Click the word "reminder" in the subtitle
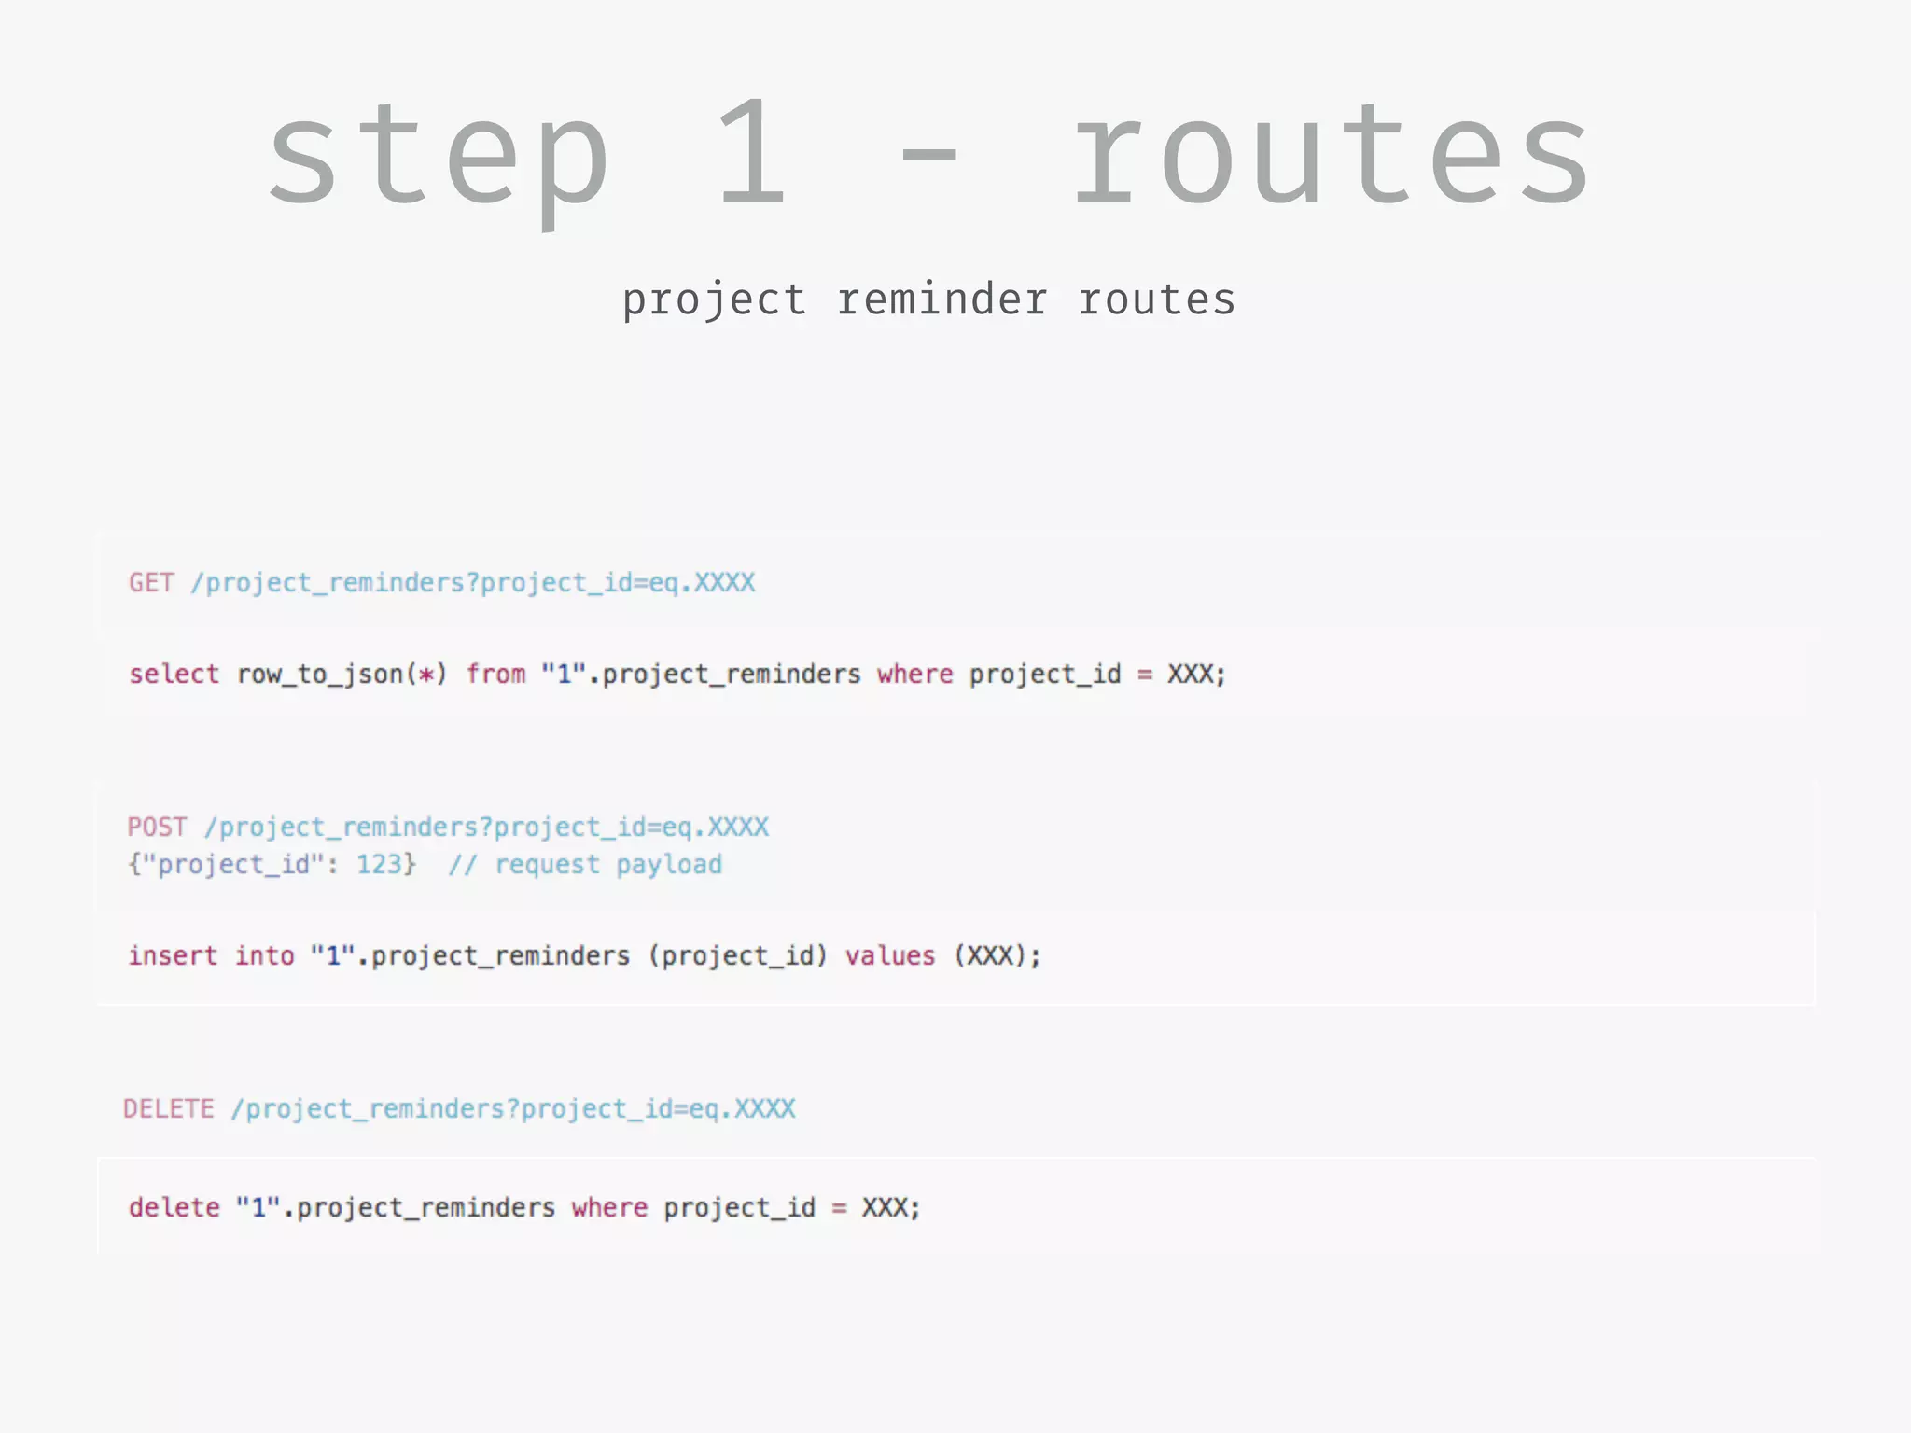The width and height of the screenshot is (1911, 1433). point(942,299)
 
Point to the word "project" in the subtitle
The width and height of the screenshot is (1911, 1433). point(714,301)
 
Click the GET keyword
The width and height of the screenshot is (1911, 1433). point(151,583)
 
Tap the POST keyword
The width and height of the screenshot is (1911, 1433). point(158,828)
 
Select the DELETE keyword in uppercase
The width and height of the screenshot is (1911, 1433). point(169,1109)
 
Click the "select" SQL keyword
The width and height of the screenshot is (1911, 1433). point(174,675)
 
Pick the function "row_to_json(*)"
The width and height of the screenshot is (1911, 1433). point(342,675)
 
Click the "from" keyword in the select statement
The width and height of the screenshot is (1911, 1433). point(495,675)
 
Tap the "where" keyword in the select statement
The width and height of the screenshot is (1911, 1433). point(914,675)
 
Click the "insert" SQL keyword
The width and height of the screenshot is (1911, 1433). point(173,956)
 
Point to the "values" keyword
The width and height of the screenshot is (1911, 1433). point(889,956)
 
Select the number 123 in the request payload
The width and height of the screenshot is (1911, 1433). point(379,865)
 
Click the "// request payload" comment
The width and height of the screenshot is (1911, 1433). point(585,865)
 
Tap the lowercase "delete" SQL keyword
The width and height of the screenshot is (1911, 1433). point(174,1208)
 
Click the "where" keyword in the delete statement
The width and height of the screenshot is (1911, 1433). point(609,1208)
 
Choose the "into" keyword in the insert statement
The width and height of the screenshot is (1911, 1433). point(264,956)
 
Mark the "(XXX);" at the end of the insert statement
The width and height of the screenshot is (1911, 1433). point(997,956)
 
